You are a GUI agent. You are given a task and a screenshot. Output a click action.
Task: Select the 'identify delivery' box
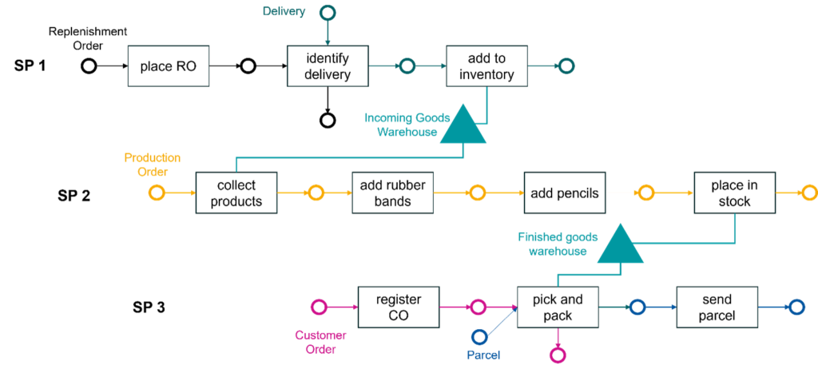point(328,66)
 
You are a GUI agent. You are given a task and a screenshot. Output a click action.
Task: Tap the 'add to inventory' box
point(486,66)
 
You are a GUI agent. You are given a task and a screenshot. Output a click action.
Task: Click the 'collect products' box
point(236,193)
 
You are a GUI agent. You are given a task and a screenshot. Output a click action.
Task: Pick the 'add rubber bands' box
point(392,193)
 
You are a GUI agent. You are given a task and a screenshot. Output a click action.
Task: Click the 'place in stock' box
point(734,193)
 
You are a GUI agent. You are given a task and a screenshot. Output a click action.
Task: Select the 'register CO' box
point(398,307)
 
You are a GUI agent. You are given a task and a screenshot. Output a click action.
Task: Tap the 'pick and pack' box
point(558,307)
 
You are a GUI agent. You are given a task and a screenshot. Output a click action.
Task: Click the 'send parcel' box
point(717,307)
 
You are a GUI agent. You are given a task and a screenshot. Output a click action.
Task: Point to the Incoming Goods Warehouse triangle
point(464,128)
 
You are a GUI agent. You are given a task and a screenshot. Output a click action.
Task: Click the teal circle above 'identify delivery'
point(327,13)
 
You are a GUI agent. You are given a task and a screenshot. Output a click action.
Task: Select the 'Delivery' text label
point(284,12)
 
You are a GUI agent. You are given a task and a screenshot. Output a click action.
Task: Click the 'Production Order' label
point(152,164)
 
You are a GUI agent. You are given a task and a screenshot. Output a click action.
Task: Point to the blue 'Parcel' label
point(484,355)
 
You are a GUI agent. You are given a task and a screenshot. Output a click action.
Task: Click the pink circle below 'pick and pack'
point(558,355)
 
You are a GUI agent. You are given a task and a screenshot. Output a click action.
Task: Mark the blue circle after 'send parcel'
point(796,307)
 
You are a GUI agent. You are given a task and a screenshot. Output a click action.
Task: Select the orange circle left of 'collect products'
point(157,193)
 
